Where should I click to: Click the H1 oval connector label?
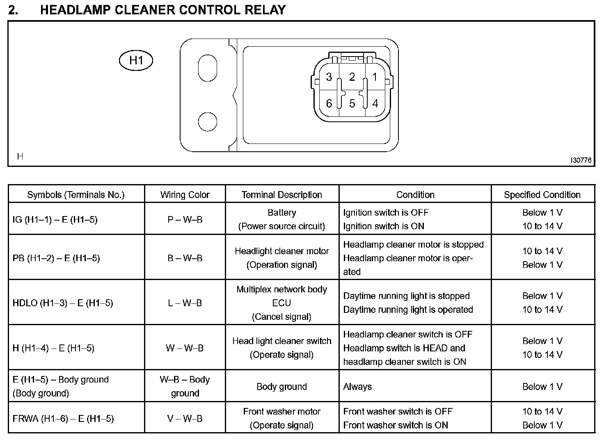click(136, 61)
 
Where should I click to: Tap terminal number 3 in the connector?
click(329, 77)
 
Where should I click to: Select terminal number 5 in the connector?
click(352, 104)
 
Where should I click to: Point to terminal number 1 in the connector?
click(375, 77)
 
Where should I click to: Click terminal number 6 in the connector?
click(329, 104)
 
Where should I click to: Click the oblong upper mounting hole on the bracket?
click(207, 68)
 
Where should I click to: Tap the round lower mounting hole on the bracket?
click(207, 121)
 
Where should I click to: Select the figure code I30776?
click(581, 160)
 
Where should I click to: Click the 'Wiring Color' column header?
click(185, 195)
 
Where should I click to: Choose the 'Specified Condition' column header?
click(542, 195)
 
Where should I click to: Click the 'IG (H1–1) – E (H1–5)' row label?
click(55, 219)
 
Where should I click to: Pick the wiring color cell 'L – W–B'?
click(185, 303)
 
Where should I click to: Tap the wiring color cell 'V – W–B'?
click(185, 419)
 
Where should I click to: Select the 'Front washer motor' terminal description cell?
click(281, 418)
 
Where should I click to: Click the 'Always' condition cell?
click(357, 387)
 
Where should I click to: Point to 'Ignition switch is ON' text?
click(384, 226)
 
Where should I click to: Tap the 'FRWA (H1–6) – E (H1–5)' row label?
click(63, 419)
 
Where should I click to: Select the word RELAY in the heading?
click(265, 10)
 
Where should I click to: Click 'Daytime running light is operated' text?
click(408, 310)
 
